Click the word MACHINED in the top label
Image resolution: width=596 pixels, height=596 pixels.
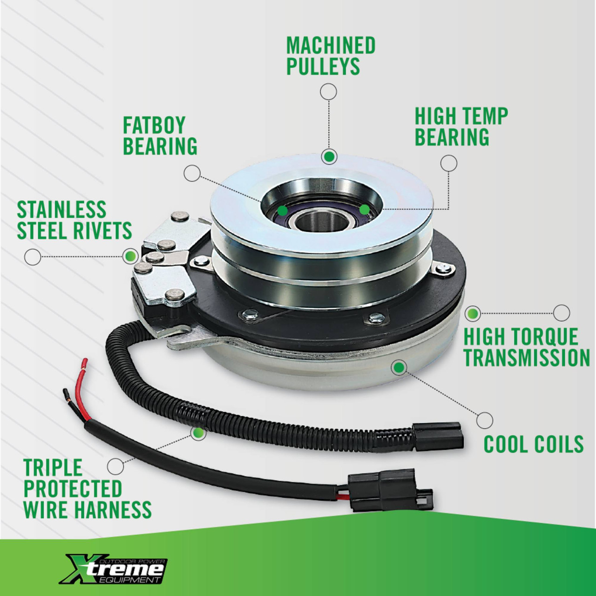point(331,46)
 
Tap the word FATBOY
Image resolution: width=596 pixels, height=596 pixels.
point(154,125)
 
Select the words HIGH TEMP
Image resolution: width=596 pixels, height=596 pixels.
point(461,116)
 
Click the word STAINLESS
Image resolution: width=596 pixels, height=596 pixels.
point(61,210)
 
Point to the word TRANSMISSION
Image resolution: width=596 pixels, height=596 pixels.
point(527,358)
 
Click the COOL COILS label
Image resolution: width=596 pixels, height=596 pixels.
point(533,444)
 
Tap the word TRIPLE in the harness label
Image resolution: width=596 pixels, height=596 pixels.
point(53,467)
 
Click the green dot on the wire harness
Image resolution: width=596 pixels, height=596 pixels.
point(199,433)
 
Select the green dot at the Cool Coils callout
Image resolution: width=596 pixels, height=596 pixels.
point(399,368)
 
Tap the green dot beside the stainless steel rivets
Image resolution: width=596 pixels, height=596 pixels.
point(130,256)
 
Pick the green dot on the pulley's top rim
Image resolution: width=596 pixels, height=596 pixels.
point(329,156)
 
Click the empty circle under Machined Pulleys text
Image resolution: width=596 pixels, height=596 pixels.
point(329,92)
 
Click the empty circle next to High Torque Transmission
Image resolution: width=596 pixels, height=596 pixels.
point(562,313)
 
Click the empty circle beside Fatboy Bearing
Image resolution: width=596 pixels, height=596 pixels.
point(192,173)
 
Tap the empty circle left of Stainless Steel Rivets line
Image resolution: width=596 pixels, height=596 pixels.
point(33,257)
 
